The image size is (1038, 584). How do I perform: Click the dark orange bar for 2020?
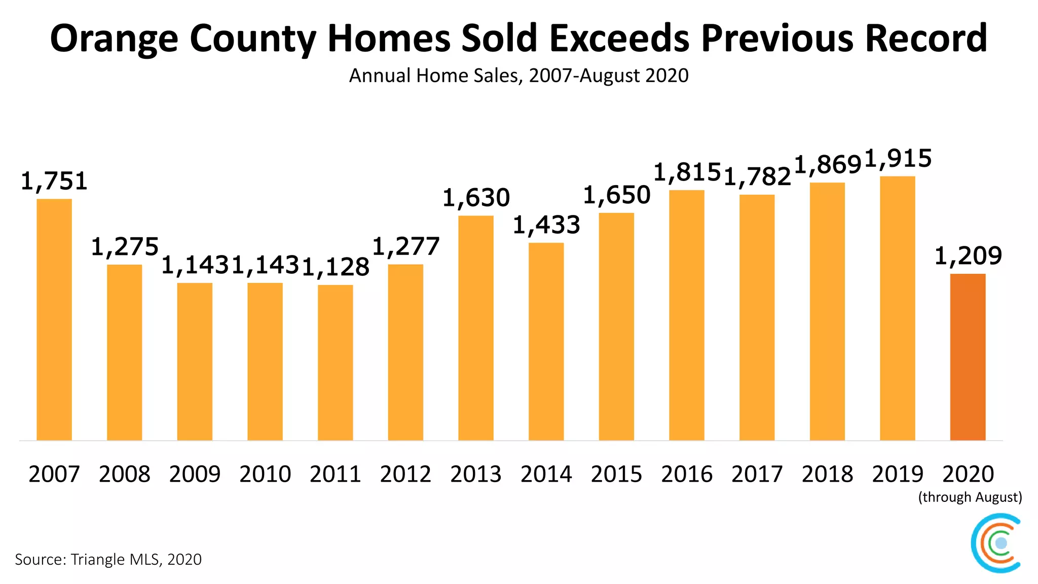coord(968,357)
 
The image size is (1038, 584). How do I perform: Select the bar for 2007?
coord(54,319)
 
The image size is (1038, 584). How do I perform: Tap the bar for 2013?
coord(476,328)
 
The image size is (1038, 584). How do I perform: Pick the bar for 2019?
coord(898,308)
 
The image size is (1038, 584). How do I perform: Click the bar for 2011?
coord(336,362)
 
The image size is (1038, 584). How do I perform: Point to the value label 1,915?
coord(898,159)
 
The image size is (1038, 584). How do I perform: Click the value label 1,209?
coord(968,255)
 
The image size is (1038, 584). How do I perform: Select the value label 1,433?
coord(546,225)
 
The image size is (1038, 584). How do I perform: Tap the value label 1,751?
coord(54,181)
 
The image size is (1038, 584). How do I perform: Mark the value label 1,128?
coord(336,267)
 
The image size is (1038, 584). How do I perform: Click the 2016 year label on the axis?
coord(687,474)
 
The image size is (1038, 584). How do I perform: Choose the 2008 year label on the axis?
coord(125,474)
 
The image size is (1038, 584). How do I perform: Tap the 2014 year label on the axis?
coord(546,474)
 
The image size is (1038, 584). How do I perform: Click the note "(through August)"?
coord(970,497)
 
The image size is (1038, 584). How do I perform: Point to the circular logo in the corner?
coord(996,543)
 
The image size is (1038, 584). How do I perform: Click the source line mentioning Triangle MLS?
coord(108,559)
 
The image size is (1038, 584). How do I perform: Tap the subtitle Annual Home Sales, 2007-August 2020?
coord(518,76)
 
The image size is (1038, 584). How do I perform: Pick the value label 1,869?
coord(827,165)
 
